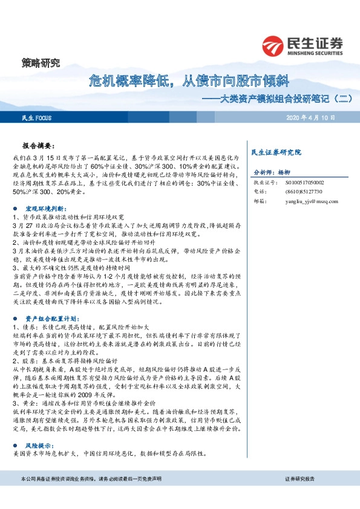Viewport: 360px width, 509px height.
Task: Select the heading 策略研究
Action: (38, 63)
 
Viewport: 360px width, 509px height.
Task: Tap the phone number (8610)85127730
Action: (300, 192)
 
